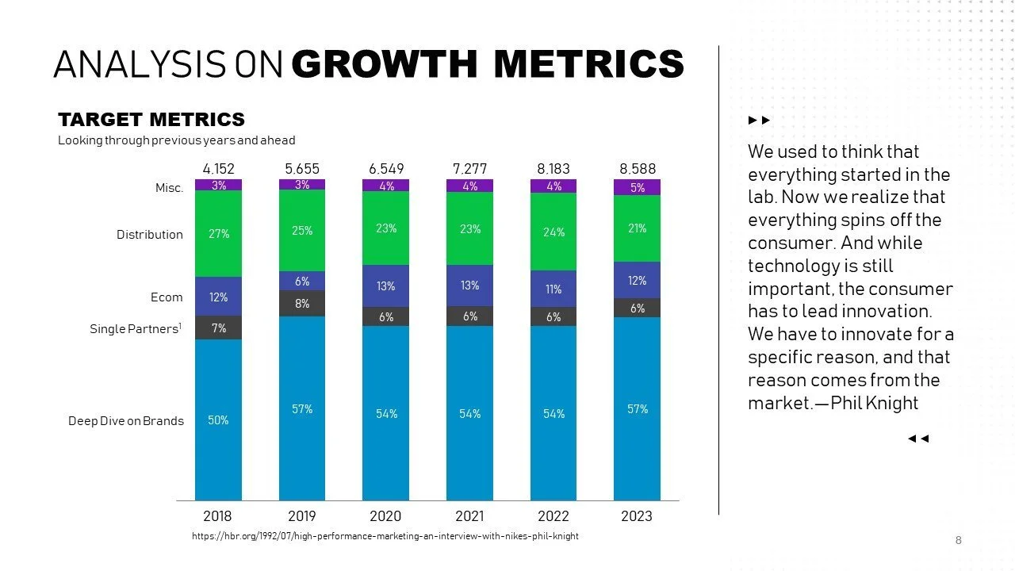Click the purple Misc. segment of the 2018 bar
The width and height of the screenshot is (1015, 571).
tap(218, 185)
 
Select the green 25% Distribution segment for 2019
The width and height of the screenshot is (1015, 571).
tap(302, 231)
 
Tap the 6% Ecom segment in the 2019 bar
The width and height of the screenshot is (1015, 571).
tap(302, 282)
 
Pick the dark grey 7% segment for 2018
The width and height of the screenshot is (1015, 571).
tap(218, 328)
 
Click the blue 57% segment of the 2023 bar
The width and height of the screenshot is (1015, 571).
tap(637, 408)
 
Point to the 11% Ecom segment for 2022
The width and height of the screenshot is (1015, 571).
tap(553, 289)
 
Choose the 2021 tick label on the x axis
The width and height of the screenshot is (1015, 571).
tap(469, 516)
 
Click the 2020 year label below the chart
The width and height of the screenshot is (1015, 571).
tap(385, 516)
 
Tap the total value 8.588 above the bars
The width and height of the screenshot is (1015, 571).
tap(638, 169)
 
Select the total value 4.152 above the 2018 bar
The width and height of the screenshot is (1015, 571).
tap(218, 169)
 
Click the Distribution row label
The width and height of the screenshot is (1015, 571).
tap(150, 235)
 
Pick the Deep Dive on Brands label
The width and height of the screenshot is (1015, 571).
tap(126, 421)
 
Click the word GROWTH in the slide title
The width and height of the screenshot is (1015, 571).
tap(385, 64)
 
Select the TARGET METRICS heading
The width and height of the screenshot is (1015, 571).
tap(151, 120)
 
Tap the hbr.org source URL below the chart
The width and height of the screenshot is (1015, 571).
tap(385, 536)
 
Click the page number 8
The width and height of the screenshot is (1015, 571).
tap(958, 541)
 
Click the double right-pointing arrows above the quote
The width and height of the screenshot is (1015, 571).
tap(759, 121)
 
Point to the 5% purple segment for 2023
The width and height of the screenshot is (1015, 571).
tap(637, 188)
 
